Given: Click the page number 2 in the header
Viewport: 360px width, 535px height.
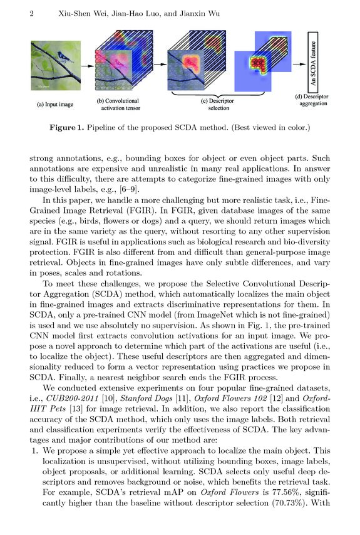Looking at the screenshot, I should pyautogui.click(x=31, y=14).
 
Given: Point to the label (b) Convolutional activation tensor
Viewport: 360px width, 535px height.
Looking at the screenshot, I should pyautogui.click(x=118, y=103).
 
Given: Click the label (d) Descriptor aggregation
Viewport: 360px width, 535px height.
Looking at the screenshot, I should pyautogui.click(x=312, y=100).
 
